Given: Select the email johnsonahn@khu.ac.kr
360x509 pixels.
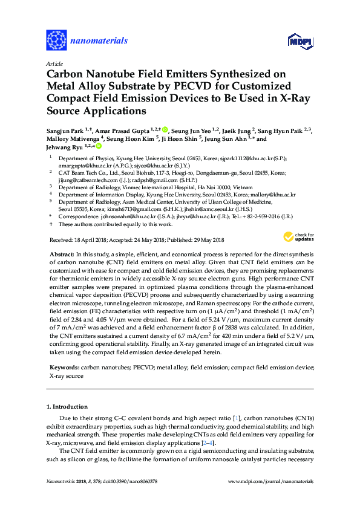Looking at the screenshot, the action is click(118, 216).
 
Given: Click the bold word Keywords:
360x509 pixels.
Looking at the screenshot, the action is click(62, 366).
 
